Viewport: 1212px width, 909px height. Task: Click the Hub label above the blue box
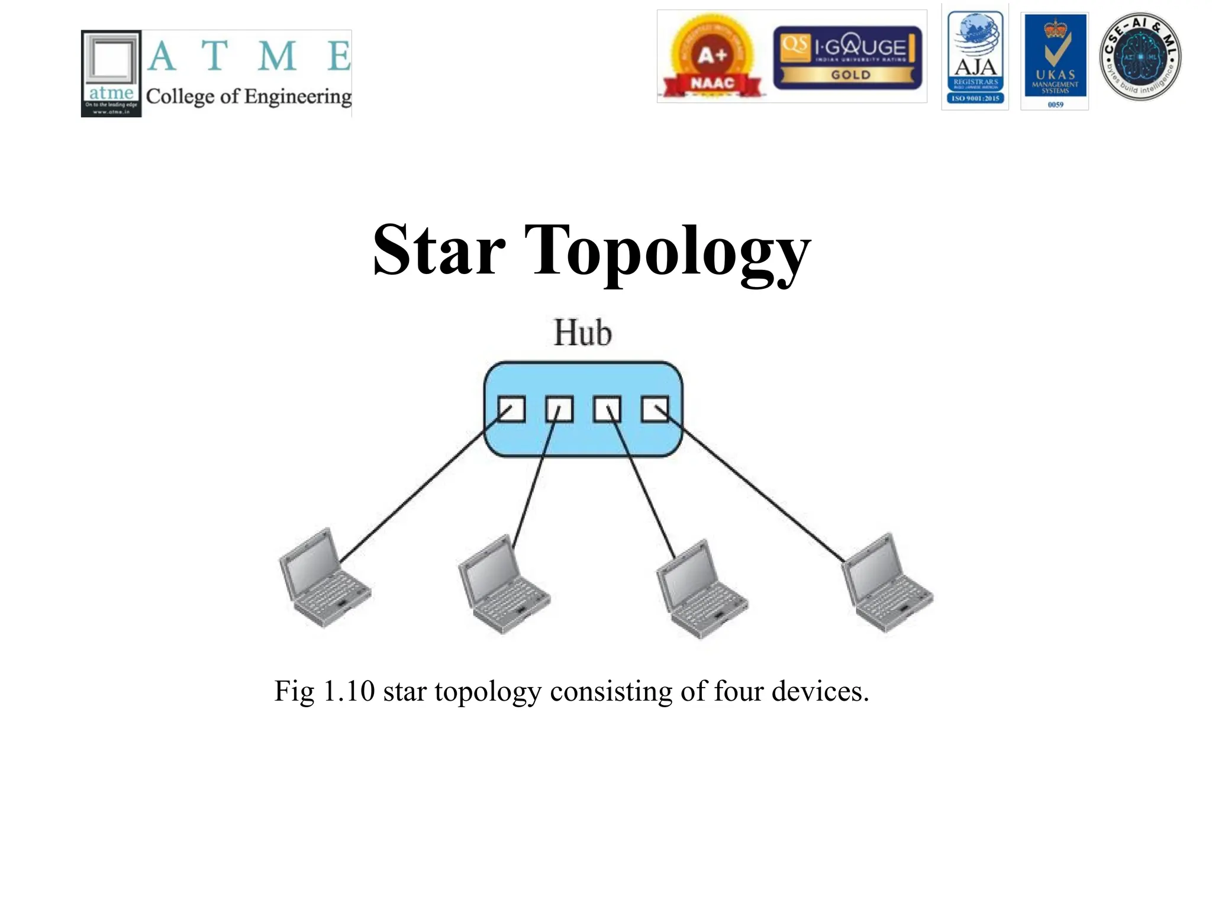(582, 333)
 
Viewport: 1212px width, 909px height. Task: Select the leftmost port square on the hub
(511, 409)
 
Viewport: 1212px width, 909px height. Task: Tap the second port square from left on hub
(559, 409)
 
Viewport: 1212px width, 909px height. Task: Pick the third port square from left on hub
(607, 409)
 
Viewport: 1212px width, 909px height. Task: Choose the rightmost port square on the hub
(655, 409)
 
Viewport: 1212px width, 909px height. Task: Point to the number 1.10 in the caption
(349, 691)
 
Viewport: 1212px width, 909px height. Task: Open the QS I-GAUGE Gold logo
(847, 57)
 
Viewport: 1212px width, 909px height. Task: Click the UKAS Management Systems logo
(1055, 60)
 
